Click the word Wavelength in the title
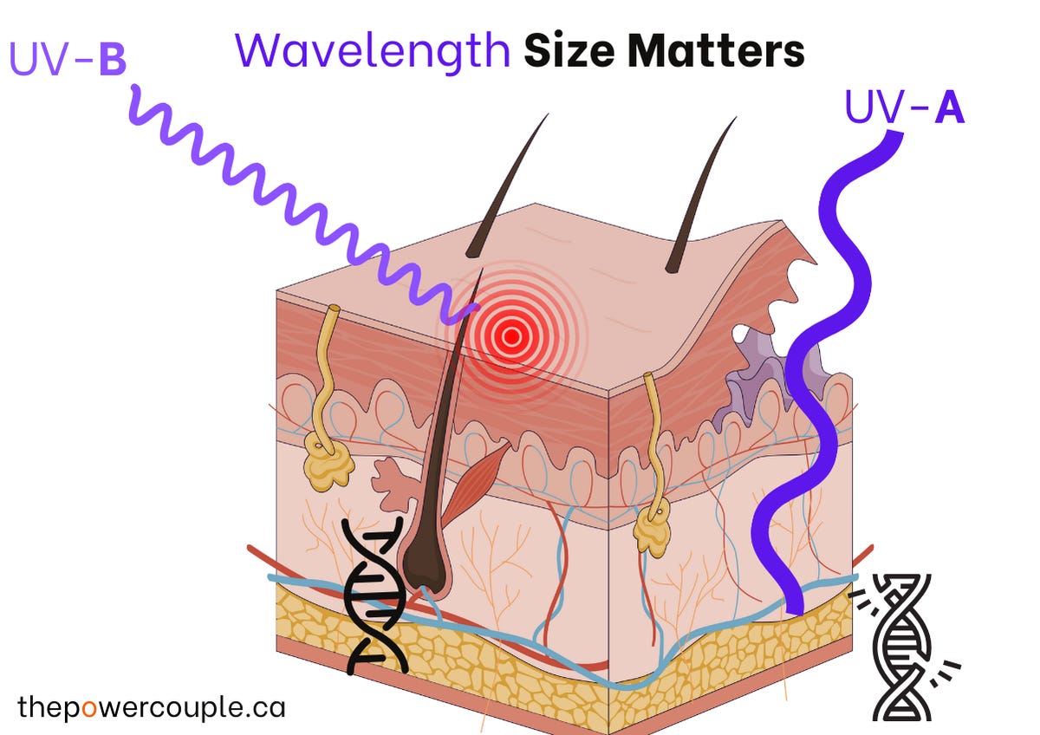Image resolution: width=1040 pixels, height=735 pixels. tap(372, 52)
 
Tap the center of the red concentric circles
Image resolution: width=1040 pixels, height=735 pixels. tap(511, 335)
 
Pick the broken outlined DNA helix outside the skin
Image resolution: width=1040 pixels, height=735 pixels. tap(901, 646)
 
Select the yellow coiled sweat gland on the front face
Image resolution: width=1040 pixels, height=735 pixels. tap(328, 459)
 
